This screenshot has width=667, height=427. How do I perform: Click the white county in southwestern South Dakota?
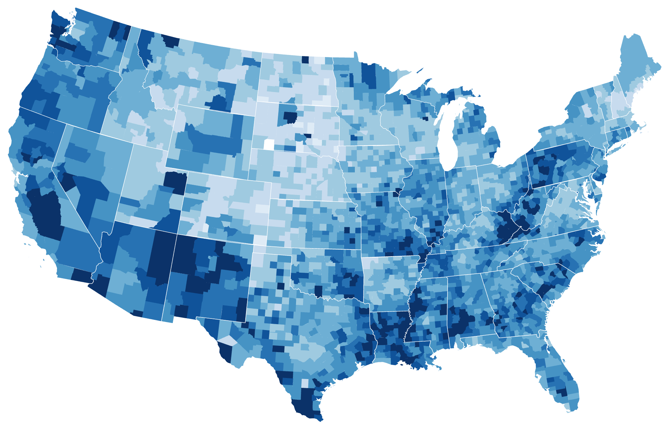pyautogui.click(x=269, y=144)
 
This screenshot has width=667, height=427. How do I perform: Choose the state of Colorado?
pyautogui.click(x=224, y=206)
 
